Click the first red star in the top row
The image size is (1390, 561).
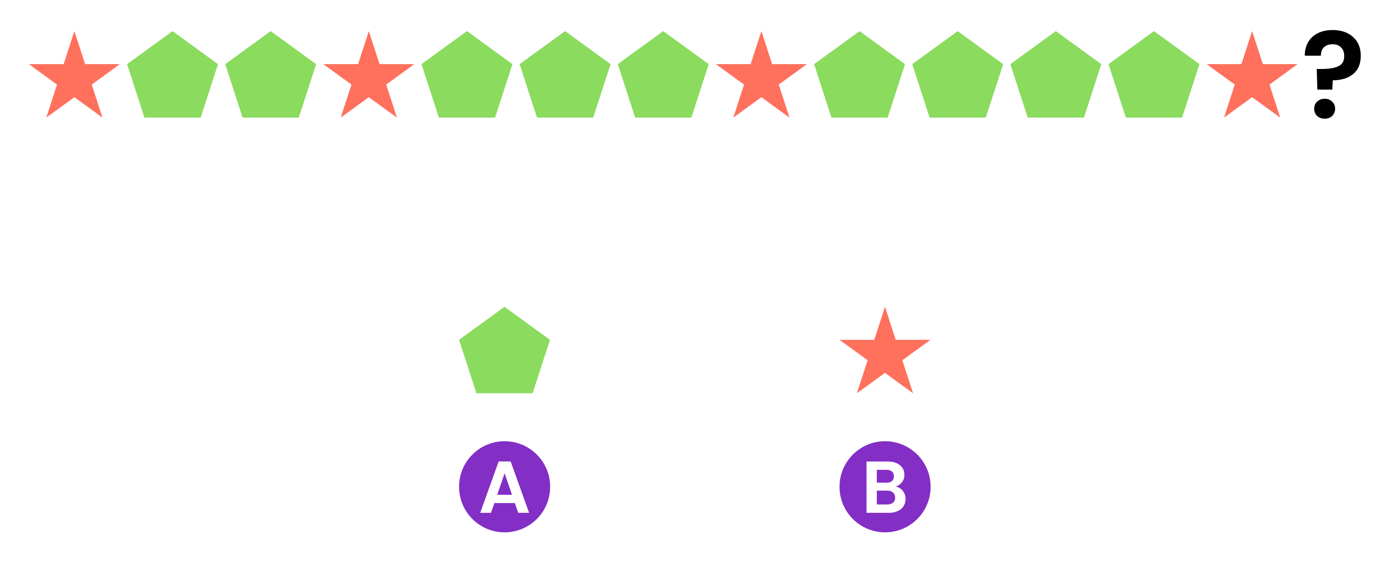pyautogui.click(x=74, y=78)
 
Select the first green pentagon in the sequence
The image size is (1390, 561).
pyautogui.click(x=173, y=78)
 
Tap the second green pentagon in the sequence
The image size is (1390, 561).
pyautogui.click(x=271, y=78)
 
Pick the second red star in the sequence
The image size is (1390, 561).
pyautogui.click(x=368, y=78)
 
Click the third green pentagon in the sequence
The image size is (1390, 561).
pyautogui.click(x=467, y=78)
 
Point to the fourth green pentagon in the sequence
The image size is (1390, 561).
pyautogui.click(x=565, y=78)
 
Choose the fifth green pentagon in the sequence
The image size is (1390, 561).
pyautogui.click(x=663, y=78)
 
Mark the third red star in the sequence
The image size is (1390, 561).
pyautogui.click(x=762, y=78)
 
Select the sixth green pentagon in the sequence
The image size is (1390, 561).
pyautogui.click(x=859, y=78)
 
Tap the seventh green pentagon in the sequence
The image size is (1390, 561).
pyautogui.click(x=958, y=78)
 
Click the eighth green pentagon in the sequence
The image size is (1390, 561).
pyautogui.click(x=1056, y=78)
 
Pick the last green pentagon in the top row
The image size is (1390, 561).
pyautogui.click(x=1154, y=78)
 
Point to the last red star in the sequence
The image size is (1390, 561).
pyautogui.click(x=1252, y=78)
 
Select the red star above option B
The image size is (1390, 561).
pyautogui.click(x=885, y=353)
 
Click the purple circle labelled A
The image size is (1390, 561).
pyautogui.click(x=504, y=487)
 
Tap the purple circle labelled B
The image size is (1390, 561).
pyautogui.click(x=885, y=487)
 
